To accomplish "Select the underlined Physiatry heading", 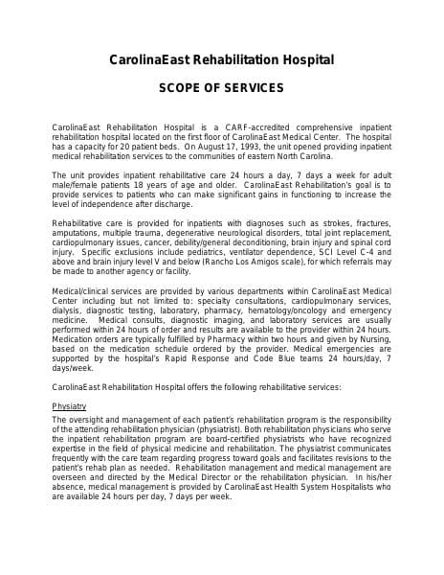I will (69, 406).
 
